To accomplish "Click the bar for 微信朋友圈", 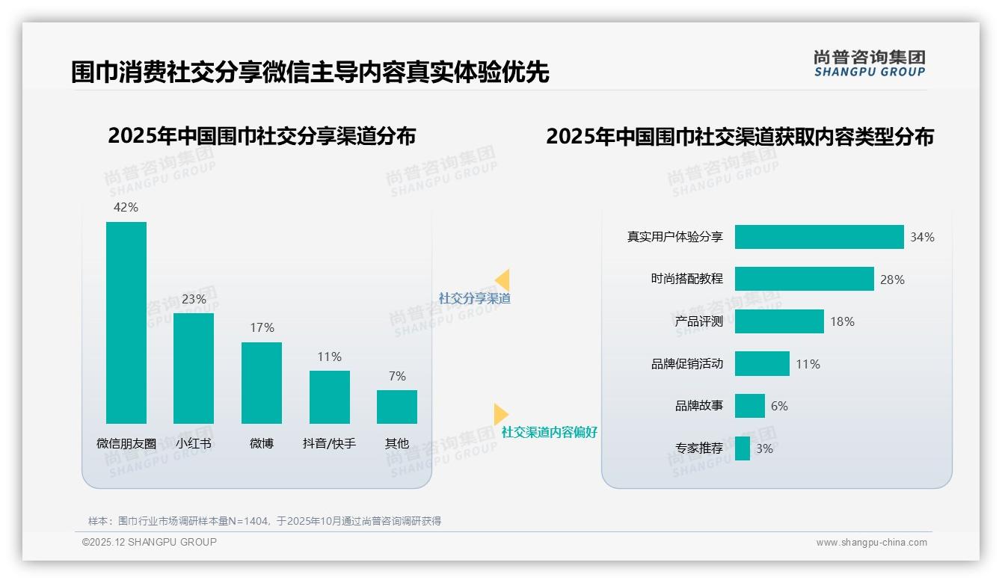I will point(126,323).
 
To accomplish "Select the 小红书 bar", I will point(194,368).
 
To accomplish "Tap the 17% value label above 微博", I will point(262,327).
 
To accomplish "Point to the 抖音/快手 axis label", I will point(329,443).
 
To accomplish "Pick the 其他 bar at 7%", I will point(397,407).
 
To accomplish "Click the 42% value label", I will point(126,207).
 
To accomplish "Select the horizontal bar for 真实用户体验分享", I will point(819,237).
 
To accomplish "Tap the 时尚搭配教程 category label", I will point(686,279).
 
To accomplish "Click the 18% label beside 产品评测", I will point(842,321).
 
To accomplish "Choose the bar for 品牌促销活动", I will point(762,364).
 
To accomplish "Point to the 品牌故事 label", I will point(698,406).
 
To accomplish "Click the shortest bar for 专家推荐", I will point(743,448).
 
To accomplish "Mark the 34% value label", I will point(922,237).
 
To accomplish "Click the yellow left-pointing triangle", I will point(502,280).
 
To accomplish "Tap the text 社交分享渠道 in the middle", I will point(474,298).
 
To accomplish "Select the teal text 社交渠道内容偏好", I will point(549,432).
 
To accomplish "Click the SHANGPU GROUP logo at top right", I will point(869,64).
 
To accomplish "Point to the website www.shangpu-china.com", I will point(871,543).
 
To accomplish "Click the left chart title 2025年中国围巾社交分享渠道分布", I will point(262,136).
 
